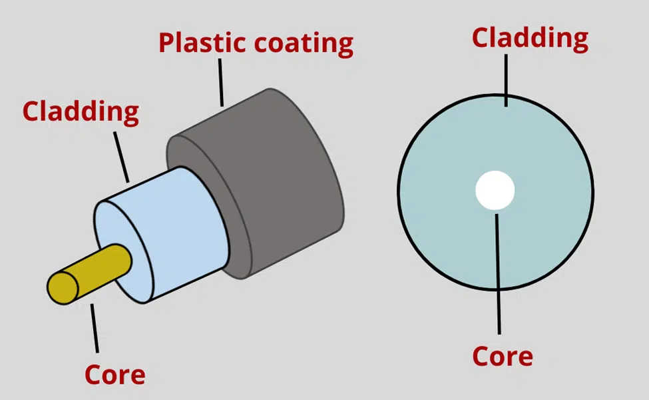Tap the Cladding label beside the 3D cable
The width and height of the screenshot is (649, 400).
point(81,111)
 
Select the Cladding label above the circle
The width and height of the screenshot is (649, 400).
point(530,38)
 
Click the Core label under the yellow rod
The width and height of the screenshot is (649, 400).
point(114,375)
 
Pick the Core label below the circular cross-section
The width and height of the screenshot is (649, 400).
point(503,357)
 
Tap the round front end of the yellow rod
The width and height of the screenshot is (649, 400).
point(63,286)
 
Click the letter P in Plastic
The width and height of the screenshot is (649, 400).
point(167,43)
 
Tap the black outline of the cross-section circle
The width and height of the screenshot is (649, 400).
point(399,193)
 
